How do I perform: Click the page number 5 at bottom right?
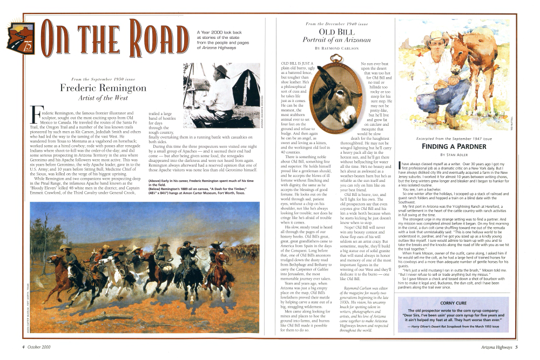coord(516,347)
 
